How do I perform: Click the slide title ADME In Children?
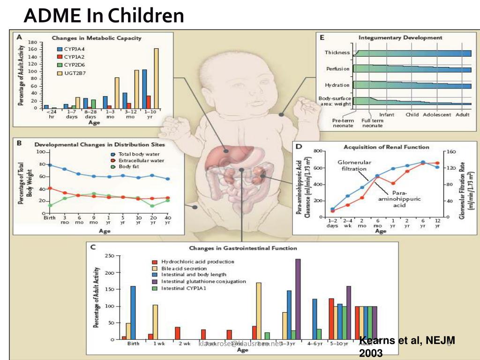point(104,16)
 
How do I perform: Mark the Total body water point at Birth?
point(50,165)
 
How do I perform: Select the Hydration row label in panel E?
point(337,85)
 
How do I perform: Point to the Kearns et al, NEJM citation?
point(406,346)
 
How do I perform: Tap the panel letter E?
point(322,37)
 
